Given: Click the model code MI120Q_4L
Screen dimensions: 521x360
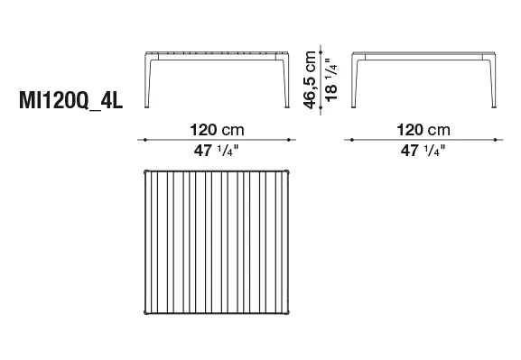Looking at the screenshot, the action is click(71, 100).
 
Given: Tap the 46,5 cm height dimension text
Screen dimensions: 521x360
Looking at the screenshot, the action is click(310, 80).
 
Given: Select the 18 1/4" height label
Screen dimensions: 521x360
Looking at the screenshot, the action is click(331, 80).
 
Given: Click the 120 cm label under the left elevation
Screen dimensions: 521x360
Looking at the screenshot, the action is click(217, 130).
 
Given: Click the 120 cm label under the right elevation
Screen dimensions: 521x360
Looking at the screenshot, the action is click(423, 130).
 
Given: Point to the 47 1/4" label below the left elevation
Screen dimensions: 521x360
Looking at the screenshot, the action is click(217, 151).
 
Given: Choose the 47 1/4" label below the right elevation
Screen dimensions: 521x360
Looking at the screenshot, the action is click(423, 151).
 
